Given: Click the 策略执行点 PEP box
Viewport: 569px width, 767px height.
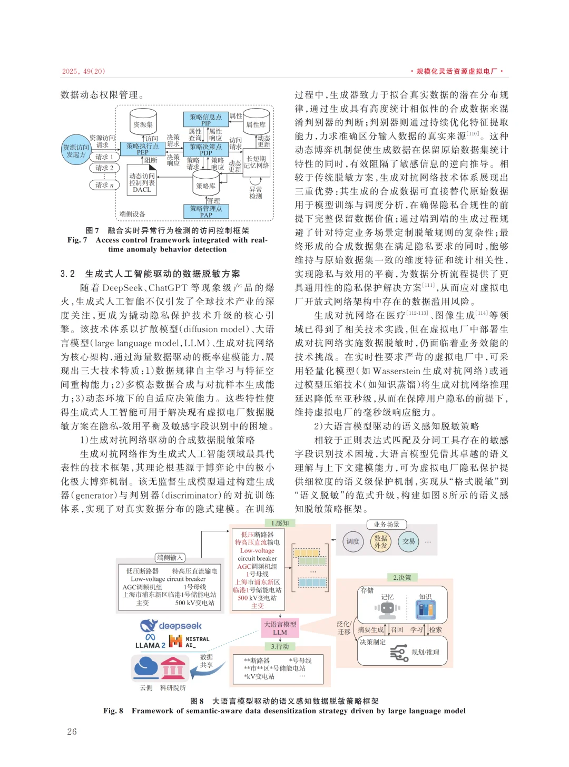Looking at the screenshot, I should coord(142,149).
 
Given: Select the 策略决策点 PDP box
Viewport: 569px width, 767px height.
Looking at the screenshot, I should coord(205,149).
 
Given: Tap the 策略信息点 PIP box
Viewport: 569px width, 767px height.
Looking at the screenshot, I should coord(205,119).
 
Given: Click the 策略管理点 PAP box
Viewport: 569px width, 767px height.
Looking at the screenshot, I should coord(206,211).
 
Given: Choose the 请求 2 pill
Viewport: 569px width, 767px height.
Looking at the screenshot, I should coord(104,168).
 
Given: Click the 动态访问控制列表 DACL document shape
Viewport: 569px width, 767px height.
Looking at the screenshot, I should coord(142,182).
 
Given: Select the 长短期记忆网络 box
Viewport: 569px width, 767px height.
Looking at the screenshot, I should coord(257,162).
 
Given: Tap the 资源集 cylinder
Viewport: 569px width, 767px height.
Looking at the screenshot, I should coord(143,122).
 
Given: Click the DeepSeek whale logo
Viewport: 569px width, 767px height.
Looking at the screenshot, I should coord(149,626).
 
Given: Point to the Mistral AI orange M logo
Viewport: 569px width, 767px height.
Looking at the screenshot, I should coord(175,641).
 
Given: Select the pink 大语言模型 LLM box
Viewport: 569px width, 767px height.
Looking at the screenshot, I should coord(280,628).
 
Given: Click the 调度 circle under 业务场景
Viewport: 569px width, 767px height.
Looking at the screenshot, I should coord(352,541).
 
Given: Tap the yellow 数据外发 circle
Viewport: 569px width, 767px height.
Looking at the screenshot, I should coord(381,542).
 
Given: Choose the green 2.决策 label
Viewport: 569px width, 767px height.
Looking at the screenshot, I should coord(402,578).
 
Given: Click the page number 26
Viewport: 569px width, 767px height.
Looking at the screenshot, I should coord(72,732).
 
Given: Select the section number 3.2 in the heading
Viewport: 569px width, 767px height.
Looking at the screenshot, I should coord(67,274).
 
